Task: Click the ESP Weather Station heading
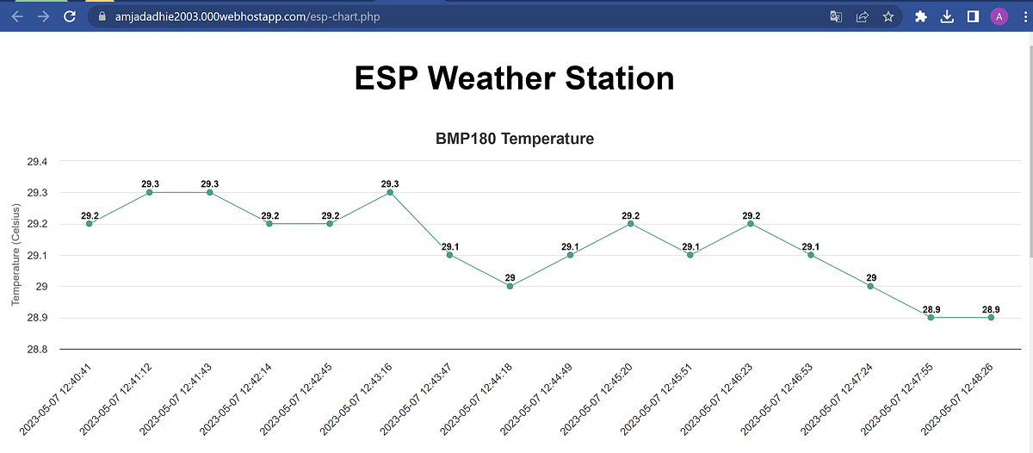click(x=515, y=78)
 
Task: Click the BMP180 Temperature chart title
click(x=515, y=139)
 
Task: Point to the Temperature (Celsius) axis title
click(x=15, y=255)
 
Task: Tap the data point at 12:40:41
click(x=90, y=224)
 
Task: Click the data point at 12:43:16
click(x=390, y=192)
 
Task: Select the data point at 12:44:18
click(x=510, y=286)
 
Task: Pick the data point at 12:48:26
click(x=991, y=318)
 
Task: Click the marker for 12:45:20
click(x=630, y=224)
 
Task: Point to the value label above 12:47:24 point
click(x=870, y=277)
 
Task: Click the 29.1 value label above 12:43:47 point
click(x=450, y=247)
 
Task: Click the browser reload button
click(x=70, y=16)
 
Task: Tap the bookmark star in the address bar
click(x=888, y=16)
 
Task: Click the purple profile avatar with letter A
click(x=999, y=16)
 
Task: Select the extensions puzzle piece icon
click(x=921, y=16)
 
